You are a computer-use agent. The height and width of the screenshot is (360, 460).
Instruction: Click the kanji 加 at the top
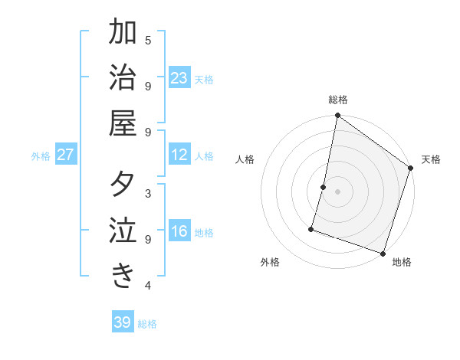[x=123, y=33]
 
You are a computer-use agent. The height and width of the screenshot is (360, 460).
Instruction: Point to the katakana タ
[x=123, y=185]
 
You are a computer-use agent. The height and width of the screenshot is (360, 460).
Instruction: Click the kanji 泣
[x=123, y=231]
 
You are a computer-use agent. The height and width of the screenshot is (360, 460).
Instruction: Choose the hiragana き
[x=123, y=276]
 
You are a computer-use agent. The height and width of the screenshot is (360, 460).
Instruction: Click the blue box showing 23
[x=179, y=78]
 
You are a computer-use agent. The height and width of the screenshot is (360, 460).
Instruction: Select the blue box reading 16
[x=179, y=232]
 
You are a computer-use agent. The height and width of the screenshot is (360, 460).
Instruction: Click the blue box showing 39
[x=123, y=322]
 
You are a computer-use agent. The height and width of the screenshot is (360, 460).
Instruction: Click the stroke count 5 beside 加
[x=148, y=40]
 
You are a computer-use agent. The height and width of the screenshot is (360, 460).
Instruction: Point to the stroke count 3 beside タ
[x=148, y=193]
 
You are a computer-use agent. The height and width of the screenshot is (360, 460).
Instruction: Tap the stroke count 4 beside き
[x=148, y=286]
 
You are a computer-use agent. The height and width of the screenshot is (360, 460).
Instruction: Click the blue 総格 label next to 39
[x=148, y=324]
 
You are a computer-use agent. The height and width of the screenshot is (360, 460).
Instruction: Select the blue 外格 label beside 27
[x=41, y=156]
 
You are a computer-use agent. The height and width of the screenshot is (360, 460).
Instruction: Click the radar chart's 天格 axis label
[x=431, y=159]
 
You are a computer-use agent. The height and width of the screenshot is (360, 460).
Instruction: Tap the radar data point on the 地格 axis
[x=383, y=253]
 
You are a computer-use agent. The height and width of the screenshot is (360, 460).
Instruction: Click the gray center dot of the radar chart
[x=337, y=191]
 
